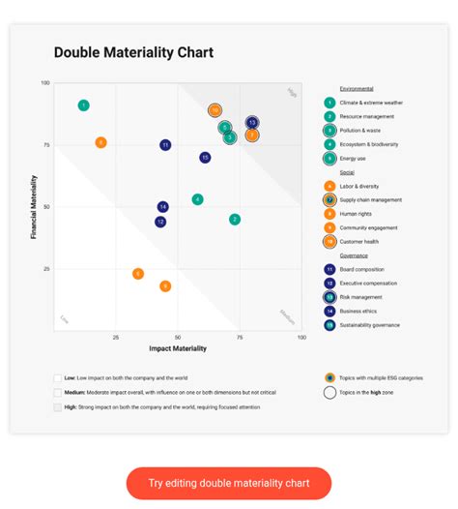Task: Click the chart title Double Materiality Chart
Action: coord(133,52)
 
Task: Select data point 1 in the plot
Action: coord(84,105)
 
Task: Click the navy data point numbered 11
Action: coord(165,145)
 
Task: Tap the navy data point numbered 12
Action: coord(160,222)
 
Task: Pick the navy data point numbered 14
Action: coord(163,207)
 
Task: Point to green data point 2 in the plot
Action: coord(235,220)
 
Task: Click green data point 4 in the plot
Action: coord(197,199)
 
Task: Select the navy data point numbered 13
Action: coord(252,123)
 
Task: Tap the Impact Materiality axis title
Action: coord(178,348)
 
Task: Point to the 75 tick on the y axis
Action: coord(44,145)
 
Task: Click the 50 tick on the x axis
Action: coord(178,338)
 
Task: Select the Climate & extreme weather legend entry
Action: coord(371,103)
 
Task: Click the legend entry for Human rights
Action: coord(356,214)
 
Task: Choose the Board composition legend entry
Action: coord(361,270)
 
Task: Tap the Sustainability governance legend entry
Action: coord(369,325)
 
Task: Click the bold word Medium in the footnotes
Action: coord(75,393)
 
